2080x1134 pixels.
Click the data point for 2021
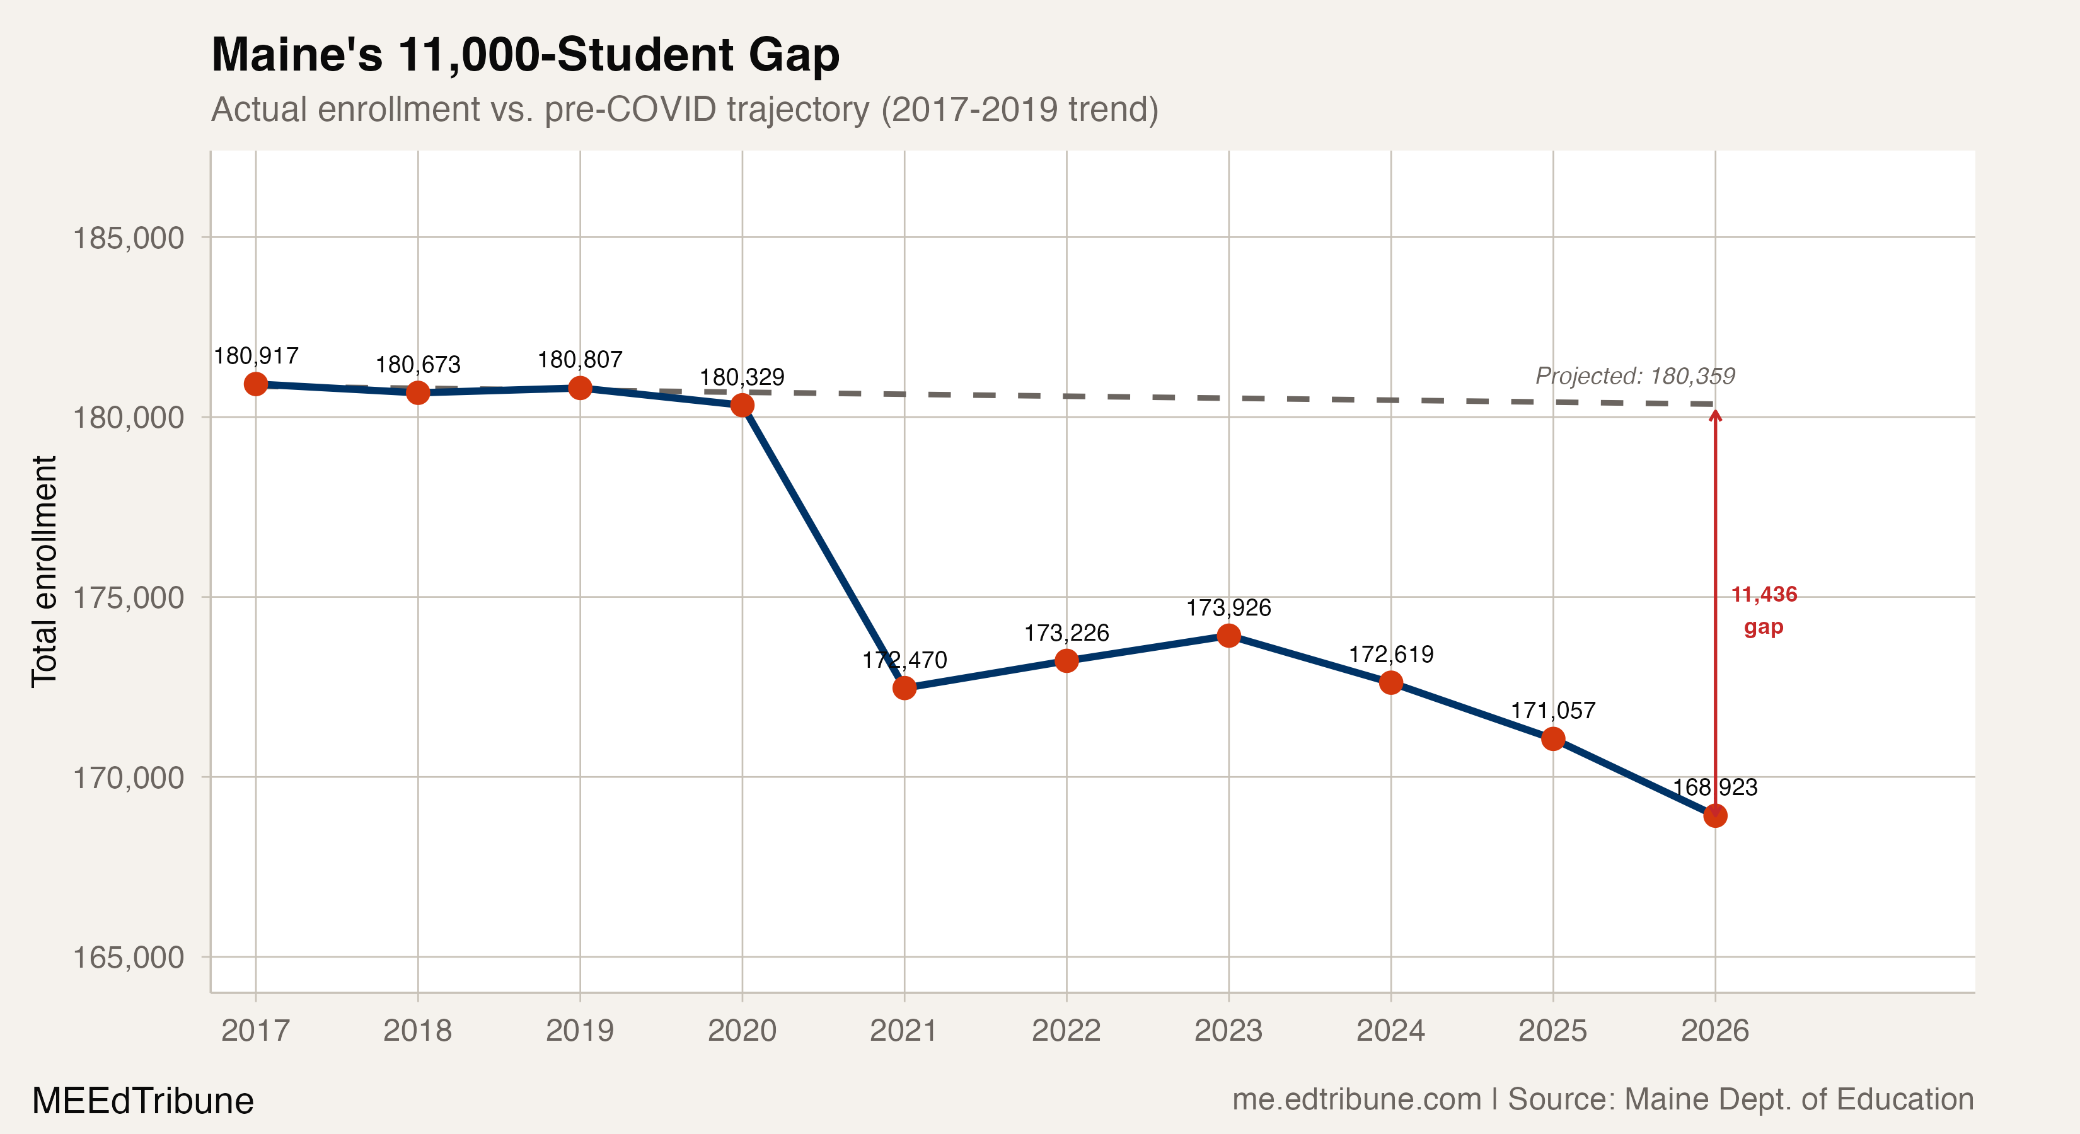[904, 688]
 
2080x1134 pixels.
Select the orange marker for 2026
[1715, 815]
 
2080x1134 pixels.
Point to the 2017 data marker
[256, 384]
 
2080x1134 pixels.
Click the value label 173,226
[1066, 633]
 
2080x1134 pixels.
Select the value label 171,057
[1552, 710]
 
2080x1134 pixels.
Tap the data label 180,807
[580, 359]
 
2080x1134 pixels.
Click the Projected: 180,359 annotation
[1634, 376]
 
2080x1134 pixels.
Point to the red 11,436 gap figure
[1764, 595]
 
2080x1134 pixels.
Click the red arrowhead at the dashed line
[1715, 415]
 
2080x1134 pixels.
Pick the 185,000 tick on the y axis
[129, 238]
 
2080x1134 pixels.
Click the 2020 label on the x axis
[741, 1031]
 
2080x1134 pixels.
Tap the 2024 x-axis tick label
[1390, 1031]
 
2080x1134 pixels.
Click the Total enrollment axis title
[44, 571]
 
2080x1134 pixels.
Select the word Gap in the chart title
[793, 55]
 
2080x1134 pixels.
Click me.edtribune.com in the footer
[1356, 1099]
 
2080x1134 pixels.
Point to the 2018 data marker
[417, 392]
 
